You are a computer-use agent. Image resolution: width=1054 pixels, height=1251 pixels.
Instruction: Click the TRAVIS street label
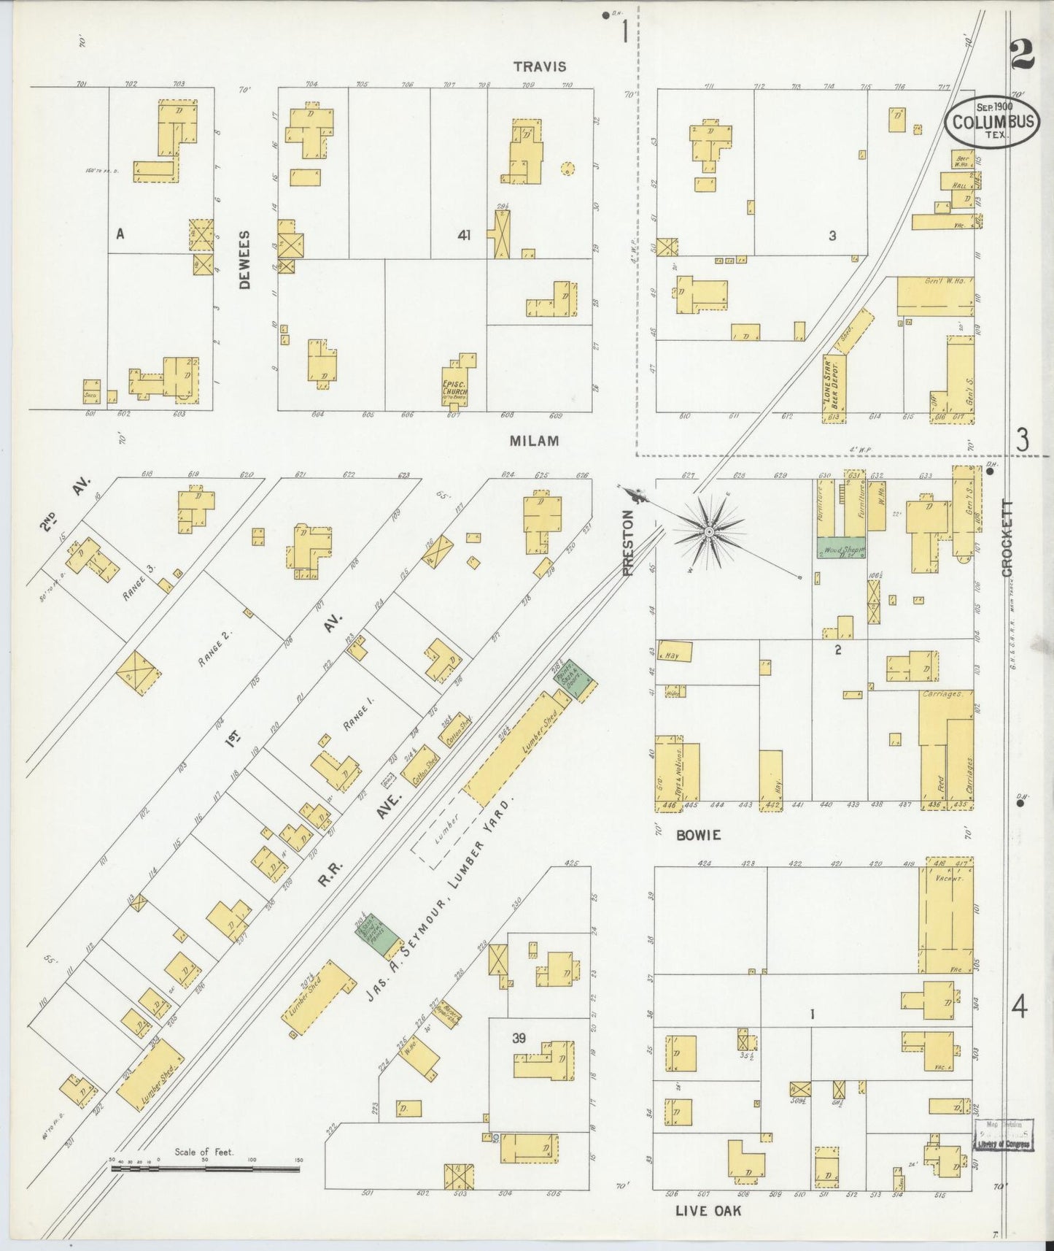coord(539,66)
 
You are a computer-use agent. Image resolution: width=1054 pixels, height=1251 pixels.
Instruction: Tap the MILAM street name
coord(535,441)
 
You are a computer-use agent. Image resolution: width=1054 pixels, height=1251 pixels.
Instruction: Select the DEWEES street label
coord(244,260)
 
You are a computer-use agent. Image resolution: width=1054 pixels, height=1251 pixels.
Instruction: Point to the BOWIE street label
coord(698,835)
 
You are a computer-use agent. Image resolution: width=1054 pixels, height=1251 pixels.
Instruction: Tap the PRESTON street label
coord(628,542)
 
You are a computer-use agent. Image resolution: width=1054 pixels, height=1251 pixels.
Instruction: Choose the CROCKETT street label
coord(1007,538)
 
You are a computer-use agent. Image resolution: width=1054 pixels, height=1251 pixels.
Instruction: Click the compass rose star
coord(708,532)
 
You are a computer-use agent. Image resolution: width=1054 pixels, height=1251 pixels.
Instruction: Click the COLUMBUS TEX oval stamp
coord(993,122)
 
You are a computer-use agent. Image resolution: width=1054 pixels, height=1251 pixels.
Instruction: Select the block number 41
coord(464,235)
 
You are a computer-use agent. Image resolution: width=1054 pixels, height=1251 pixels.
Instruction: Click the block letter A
coord(120,234)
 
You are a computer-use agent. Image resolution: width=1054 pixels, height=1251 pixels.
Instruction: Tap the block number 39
coord(519,1038)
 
